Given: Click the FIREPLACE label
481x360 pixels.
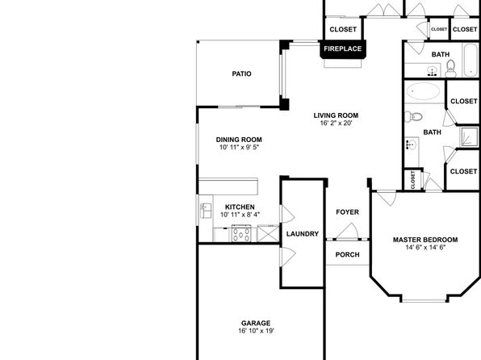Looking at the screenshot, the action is click(343, 48).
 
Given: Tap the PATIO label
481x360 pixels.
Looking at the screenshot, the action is click(242, 73).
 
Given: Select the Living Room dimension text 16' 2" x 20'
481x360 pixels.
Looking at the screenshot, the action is click(336, 123).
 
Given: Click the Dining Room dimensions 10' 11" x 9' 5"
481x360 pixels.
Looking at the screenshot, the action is click(239, 148).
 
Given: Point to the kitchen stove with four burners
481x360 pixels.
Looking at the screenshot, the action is click(241, 233).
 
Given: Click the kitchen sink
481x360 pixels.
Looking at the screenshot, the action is click(206, 211).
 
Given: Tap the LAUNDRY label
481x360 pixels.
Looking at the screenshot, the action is click(303, 234).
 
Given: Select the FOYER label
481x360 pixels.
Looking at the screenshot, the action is click(347, 212).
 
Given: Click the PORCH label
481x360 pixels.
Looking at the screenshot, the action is click(347, 254).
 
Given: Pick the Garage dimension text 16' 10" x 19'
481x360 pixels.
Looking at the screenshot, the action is click(256, 331).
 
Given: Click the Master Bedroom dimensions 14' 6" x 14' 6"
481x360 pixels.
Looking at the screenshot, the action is click(425, 247).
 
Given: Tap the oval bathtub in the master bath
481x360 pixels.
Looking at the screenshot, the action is click(424, 91).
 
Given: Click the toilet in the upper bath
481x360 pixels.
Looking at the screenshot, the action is click(450, 69).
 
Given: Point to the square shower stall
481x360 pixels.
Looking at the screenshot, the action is click(470, 136).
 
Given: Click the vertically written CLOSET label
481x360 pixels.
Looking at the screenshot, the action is click(412, 180).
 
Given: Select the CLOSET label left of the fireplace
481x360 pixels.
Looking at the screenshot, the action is click(343, 30).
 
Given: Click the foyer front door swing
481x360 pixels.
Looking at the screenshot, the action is click(348, 231).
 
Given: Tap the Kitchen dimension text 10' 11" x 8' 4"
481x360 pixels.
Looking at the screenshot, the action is click(240, 215).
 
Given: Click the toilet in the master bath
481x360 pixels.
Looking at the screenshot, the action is click(413, 116).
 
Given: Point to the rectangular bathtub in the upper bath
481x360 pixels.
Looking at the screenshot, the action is click(470, 60).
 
